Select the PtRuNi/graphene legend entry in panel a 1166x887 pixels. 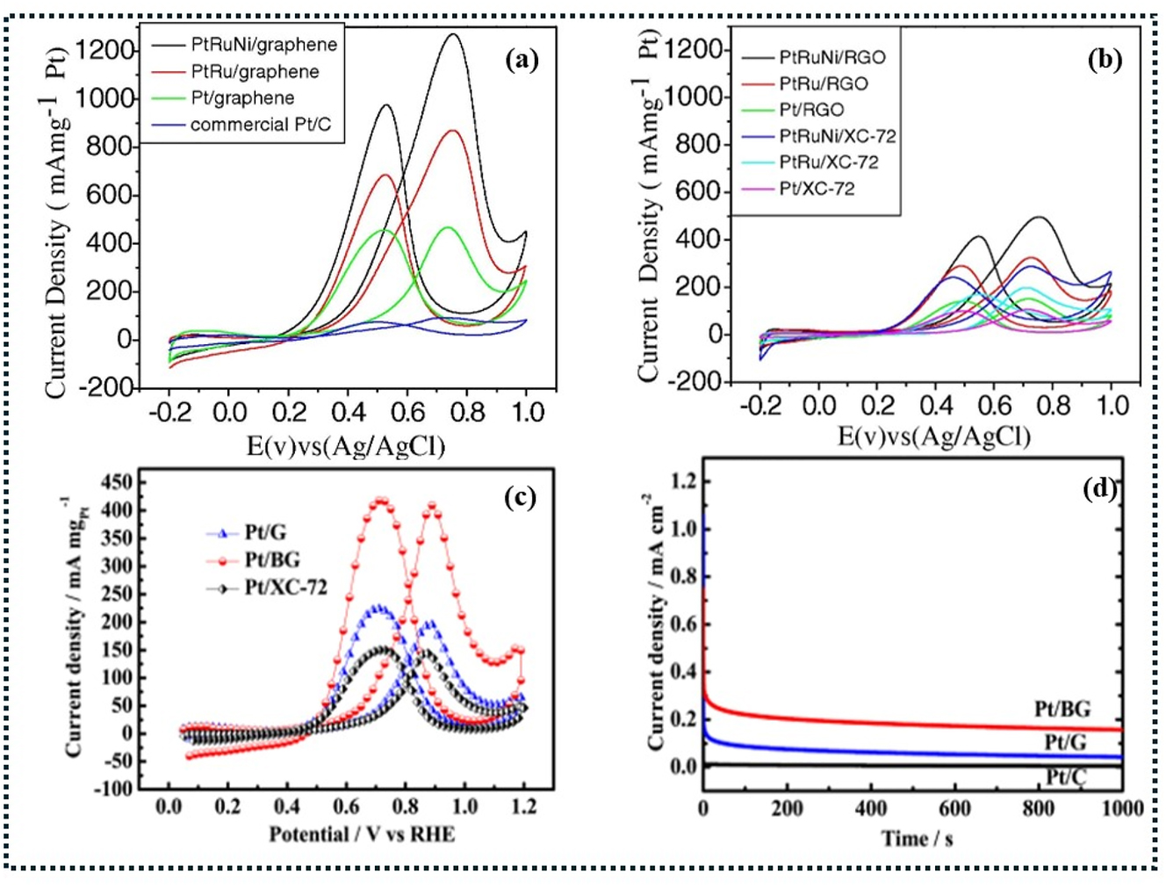263,45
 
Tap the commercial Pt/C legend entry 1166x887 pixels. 261,125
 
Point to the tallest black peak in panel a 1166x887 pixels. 453,35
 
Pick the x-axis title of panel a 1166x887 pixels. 346,446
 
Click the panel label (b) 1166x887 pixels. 1104,60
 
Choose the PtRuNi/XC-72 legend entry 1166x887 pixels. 837,136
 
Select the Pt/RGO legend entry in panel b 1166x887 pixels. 811,110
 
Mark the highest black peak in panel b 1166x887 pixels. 1040,217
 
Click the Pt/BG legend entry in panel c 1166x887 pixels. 272,559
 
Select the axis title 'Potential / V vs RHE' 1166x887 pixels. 362,833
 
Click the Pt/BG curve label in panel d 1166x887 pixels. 1062,710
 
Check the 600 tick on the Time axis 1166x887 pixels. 954,808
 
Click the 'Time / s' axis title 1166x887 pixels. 917,839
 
